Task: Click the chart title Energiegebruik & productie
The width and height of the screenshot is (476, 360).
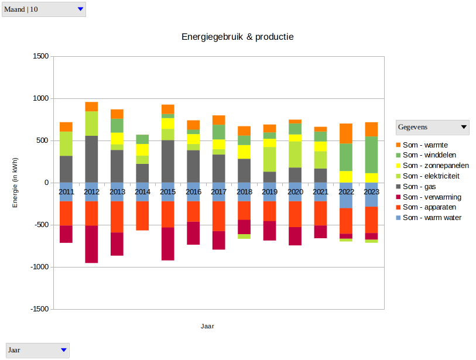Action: [237, 36]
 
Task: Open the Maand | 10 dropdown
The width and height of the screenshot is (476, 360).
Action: [44, 9]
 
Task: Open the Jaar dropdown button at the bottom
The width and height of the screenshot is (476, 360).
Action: [37, 350]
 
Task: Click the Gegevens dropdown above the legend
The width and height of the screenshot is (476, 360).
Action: [432, 127]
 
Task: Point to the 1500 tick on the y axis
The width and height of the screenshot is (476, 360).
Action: [40, 57]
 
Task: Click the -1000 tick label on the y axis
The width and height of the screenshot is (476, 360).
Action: [39, 267]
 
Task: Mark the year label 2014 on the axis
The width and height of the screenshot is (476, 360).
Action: [142, 192]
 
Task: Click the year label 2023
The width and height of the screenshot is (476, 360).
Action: [371, 192]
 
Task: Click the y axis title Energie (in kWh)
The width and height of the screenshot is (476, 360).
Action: [16, 183]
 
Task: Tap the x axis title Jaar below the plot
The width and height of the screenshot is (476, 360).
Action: [207, 326]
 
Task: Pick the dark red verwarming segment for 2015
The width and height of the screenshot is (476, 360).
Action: [168, 244]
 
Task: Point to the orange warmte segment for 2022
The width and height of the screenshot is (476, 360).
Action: [346, 133]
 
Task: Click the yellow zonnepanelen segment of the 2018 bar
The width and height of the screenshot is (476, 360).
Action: [244, 152]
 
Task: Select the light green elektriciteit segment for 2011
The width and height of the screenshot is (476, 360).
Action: [66, 143]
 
